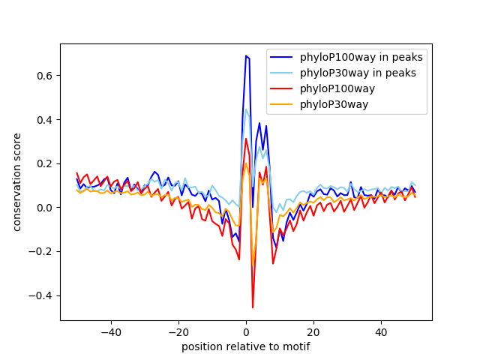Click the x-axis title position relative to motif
point(245,346)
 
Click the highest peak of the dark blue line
point(245,55)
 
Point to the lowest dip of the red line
point(253,307)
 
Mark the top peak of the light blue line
point(246,109)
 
